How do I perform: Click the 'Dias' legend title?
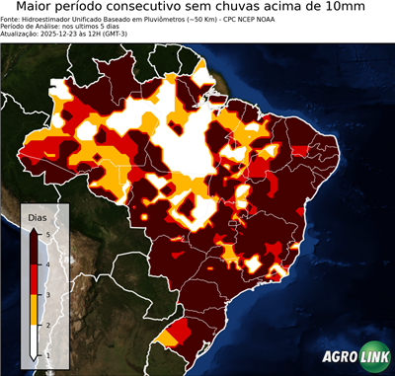point(37,216)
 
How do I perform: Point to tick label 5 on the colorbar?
point(47,233)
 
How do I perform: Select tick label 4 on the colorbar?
point(47,263)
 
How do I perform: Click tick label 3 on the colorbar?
point(47,294)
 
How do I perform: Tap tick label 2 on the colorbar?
point(47,325)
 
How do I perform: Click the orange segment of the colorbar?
point(36,309)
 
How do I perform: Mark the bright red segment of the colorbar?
point(36,278)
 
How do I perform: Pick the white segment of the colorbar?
point(36,339)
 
